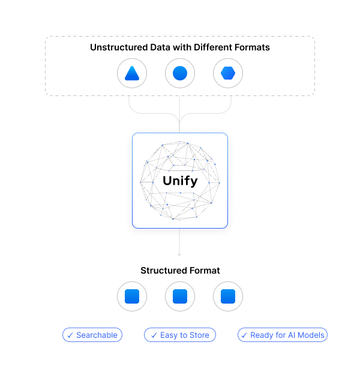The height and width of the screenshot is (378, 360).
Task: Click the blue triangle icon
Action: [x=132, y=74]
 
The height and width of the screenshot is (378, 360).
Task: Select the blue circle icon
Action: [x=180, y=74]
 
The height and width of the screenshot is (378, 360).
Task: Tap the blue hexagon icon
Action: [x=228, y=74]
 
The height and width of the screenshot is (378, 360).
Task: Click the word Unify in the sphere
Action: [x=180, y=181]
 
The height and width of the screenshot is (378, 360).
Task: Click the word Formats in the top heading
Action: [x=253, y=47]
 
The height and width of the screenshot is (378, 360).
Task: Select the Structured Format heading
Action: [x=180, y=271]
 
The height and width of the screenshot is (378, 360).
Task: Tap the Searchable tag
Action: [x=92, y=335]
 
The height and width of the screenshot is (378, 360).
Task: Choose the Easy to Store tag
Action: [x=180, y=335]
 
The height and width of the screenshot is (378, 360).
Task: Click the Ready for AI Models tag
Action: [x=283, y=335]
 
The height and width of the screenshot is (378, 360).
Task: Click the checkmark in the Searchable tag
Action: [x=70, y=335]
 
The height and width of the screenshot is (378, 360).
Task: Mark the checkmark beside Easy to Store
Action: [x=154, y=335]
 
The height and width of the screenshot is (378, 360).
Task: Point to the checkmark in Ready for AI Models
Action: [x=244, y=335]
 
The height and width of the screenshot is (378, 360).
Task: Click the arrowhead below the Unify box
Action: [x=179, y=254]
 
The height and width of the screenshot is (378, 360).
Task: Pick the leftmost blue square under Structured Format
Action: [x=132, y=296]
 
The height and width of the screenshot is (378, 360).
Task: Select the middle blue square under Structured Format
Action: [x=180, y=296]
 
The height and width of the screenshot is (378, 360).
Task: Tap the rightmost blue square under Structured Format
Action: [x=228, y=296]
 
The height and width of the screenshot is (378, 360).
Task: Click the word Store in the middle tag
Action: [x=199, y=335]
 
